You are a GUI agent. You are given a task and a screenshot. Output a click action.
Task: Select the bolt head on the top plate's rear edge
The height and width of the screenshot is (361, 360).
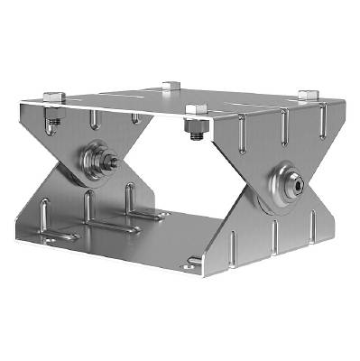[171, 87]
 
